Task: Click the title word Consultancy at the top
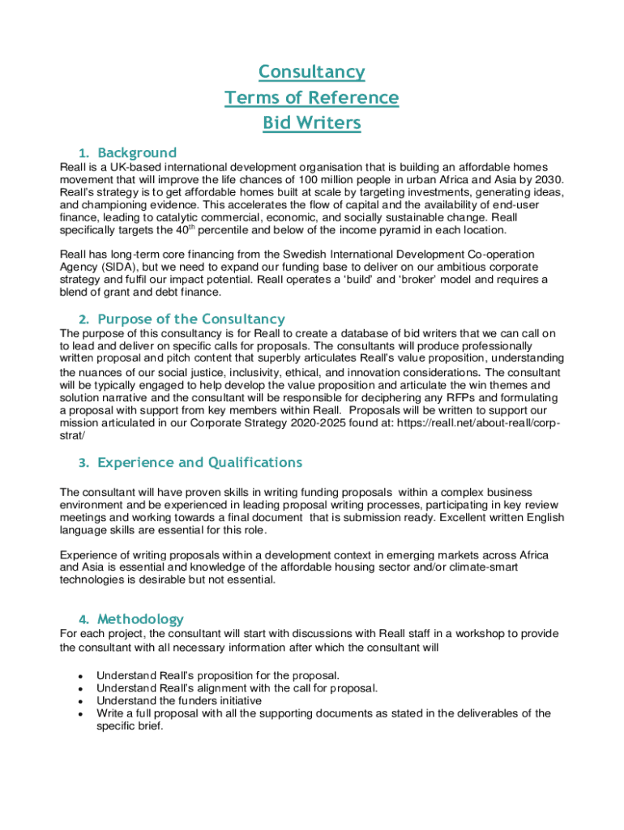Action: tap(311, 72)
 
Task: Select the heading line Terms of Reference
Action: tap(311, 98)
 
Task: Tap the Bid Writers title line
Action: tap(311, 124)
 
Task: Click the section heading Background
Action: tap(136, 152)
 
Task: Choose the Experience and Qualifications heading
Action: tap(199, 462)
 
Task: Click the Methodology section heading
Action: tap(140, 618)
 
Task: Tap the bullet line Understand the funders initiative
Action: tap(179, 700)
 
